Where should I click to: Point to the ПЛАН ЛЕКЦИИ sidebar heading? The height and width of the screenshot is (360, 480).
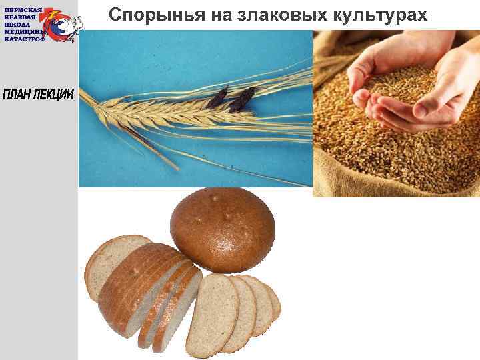tap(38, 94)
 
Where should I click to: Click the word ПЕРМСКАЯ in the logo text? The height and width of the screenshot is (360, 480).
tap(24, 10)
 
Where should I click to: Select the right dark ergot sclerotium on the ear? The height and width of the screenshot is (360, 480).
tap(242, 100)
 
